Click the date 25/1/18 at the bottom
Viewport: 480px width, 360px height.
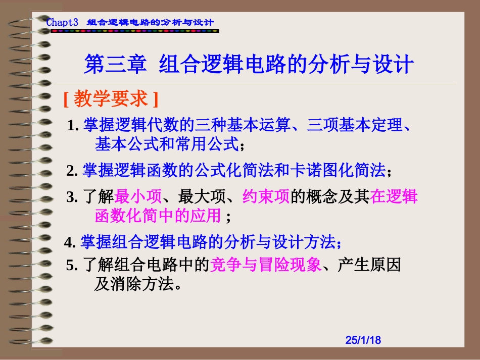[x=363, y=340]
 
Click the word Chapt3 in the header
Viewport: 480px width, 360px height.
[x=62, y=23]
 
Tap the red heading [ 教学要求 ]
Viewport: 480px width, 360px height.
[x=111, y=99]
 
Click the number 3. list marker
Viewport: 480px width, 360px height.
[x=72, y=197]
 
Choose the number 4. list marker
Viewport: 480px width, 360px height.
[x=70, y=243]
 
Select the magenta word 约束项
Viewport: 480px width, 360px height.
[x=266, y=196]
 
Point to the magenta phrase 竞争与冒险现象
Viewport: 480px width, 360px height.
[x=265, y=265]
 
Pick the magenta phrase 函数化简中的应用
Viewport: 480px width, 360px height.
[x=158, y=216]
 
